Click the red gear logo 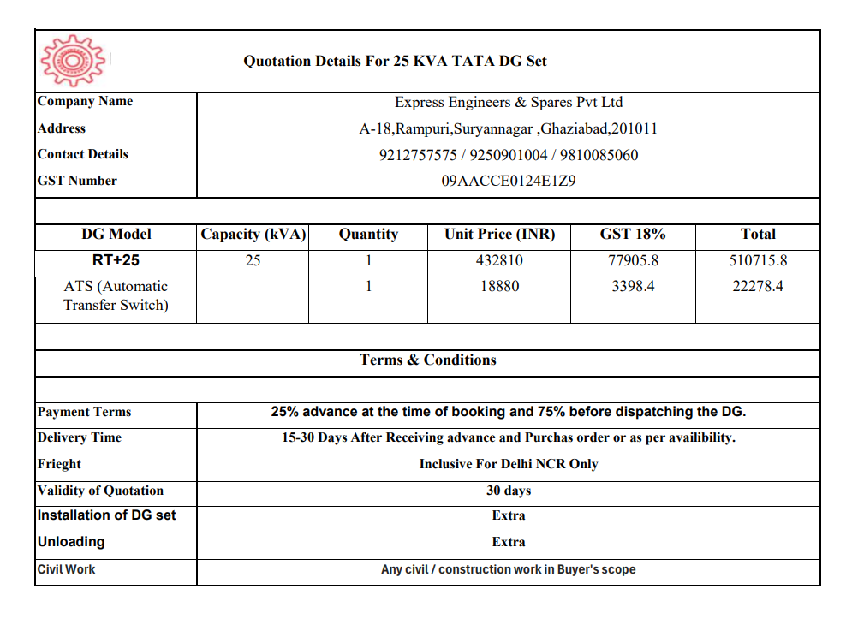click(72, 60)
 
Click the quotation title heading click(395, 61)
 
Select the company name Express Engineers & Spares click(508, 103)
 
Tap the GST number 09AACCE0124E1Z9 click(508, 182)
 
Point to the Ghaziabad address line click(508, 129)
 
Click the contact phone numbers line click(508, 155)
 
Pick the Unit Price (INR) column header click(499, 235)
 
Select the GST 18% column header click(633, 235)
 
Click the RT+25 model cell click(116, 260)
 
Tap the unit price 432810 click(499, 261)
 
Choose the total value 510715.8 click(758, 261)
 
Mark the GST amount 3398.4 click(633, 287)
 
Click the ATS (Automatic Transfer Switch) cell click(116, 295)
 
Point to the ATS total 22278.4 click(758, 287)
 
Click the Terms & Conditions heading click(427, 360)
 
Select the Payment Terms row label click(85, 412)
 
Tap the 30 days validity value click(509, 491)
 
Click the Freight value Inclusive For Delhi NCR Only click(509, 464)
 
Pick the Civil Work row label click(67, 569)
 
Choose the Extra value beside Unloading click(509, 542)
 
